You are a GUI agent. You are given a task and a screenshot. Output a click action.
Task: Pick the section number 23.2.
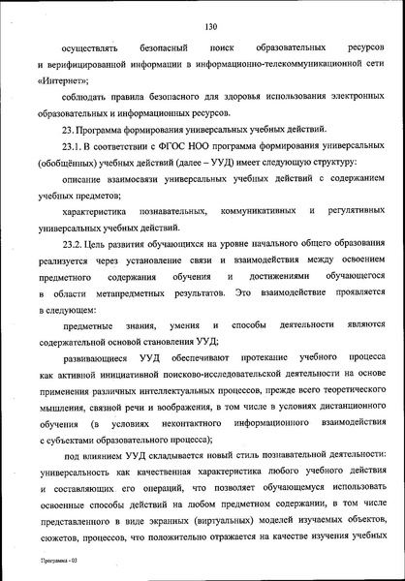[x=74, y=247]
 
